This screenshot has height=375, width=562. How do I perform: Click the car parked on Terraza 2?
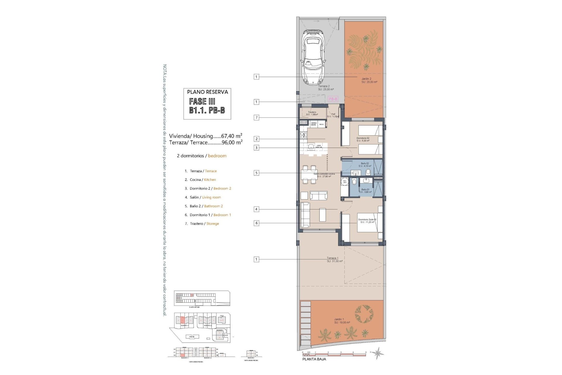coord(313,57)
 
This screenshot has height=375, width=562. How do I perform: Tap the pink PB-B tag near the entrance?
coord(333,99)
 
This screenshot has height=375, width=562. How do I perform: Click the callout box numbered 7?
coord(256,117)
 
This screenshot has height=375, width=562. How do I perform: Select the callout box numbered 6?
coord(256,223)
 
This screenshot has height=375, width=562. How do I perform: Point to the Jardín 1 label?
coord(339,319)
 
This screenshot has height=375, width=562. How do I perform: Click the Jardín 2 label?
coord(366,79)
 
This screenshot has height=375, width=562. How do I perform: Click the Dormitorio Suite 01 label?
coord(367,219)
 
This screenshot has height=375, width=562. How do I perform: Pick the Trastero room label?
coord(312,112)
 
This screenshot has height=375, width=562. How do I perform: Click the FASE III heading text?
coord(202,102)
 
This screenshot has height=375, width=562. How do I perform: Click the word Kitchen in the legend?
coord(210,180)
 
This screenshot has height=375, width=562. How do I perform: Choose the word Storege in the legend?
coord(213,224)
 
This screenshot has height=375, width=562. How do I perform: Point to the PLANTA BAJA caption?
coord(314,359)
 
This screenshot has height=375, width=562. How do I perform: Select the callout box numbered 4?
coord(256,209)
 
